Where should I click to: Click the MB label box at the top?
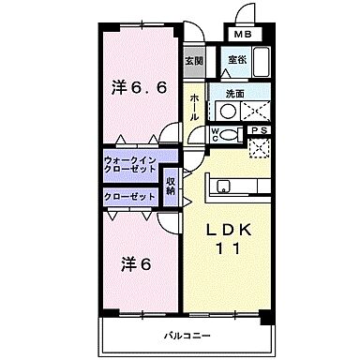243,35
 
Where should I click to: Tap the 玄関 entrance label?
193,62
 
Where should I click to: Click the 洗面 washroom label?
233,94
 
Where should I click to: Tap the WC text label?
216,133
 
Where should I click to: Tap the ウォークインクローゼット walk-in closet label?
129,165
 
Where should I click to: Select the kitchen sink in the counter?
225,187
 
